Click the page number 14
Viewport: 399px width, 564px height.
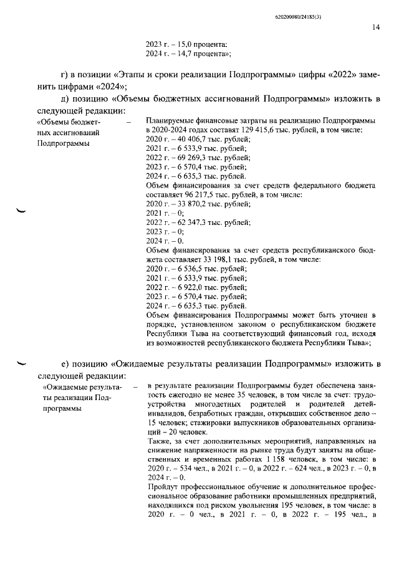pos(376,27)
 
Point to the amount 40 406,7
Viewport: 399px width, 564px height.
pos(185,140)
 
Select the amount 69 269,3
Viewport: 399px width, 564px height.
pos(185,158)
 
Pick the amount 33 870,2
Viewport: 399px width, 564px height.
pos(185,204)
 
